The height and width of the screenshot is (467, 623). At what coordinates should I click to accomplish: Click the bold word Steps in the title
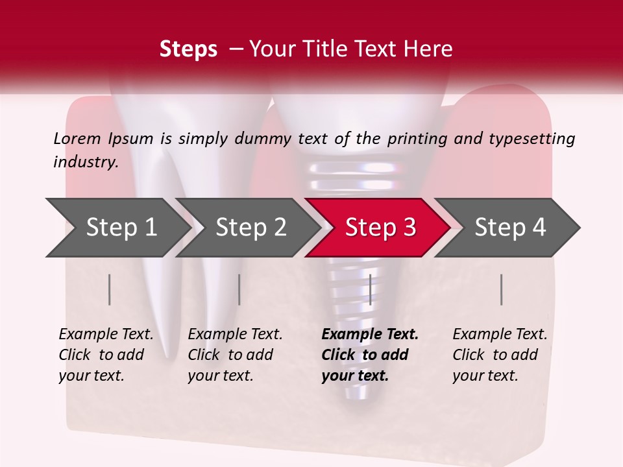coord(188,49)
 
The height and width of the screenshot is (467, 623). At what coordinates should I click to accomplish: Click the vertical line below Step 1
coord(110,289)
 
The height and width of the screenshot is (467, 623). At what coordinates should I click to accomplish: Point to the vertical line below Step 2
coord(239,289)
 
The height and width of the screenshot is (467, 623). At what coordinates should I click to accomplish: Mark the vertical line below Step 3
coord(370,289)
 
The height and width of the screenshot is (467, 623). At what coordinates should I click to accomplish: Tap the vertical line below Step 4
coord(502,289)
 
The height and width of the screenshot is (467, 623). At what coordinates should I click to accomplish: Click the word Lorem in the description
coord(77,139)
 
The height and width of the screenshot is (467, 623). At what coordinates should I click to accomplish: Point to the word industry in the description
coord(85,162)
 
